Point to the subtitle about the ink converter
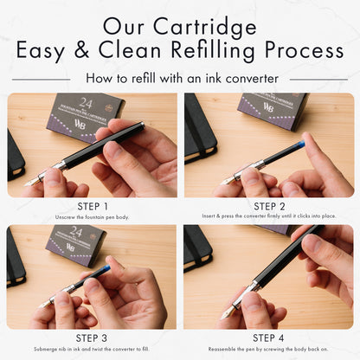[179, 78]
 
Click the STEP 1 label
[93, 206]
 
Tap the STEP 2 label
[268, 206]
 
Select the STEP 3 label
[93, 337]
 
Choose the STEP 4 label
[268, 337]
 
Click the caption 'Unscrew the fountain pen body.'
[93, 216]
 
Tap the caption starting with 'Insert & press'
[268, 216]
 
